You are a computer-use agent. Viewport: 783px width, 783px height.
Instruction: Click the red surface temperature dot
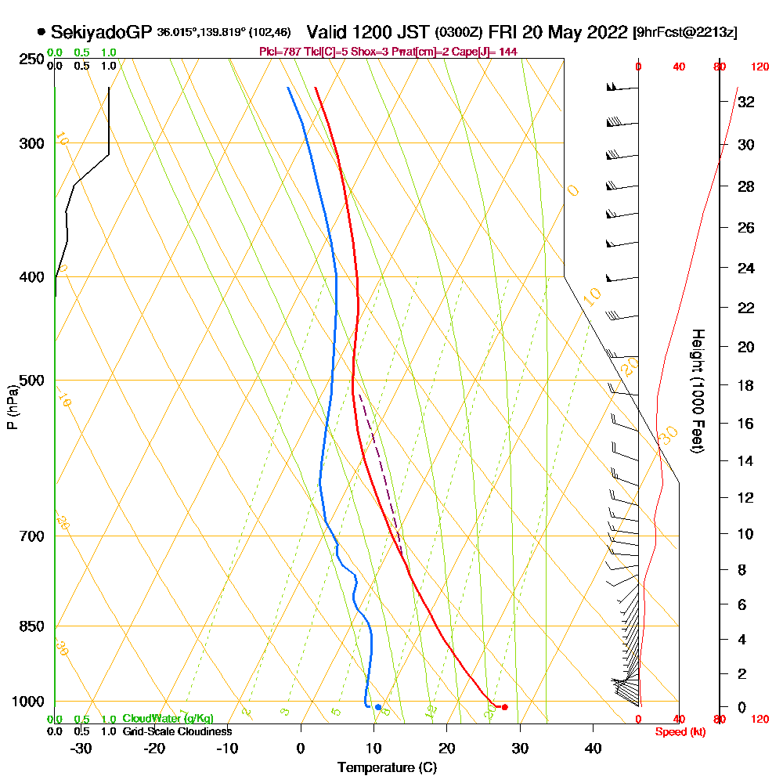click(x=504, y=707)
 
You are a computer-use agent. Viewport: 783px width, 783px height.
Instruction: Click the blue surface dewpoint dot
click(x=378, y=707)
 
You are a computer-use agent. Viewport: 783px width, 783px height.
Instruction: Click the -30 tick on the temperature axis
click(x=81, y=748)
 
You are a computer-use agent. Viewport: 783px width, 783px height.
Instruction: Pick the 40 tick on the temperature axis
click(x=594, y=748)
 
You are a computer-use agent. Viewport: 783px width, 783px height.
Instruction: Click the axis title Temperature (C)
click(x=387, y=767)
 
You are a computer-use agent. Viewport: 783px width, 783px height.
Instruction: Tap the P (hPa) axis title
click(x=12, y=407)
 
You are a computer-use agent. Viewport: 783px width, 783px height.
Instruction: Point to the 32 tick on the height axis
click(x=746, y=102)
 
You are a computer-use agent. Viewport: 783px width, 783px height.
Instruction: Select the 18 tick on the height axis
click(x=746, y=385)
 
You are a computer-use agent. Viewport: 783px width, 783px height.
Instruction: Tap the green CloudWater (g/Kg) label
click(x=168, y=719)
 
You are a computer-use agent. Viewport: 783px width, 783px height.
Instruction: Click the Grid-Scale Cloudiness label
click(x=177, y=731)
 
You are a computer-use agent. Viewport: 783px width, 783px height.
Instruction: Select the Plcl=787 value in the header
click(x=279, y=52)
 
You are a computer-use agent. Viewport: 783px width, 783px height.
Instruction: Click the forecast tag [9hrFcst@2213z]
click(x=685, y=33)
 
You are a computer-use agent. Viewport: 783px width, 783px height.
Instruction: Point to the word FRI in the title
click(x=503, y=32)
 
